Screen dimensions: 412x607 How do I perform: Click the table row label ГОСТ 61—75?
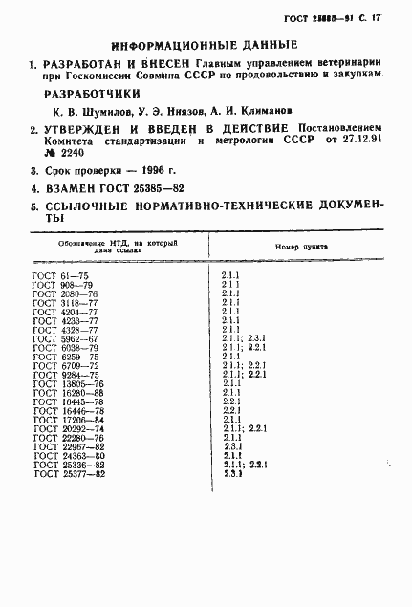(60, 275)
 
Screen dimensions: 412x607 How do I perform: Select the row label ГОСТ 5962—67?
(65, 337)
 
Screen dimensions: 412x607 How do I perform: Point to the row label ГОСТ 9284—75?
(65, 374)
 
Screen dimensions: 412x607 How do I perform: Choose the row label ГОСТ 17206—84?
(68, 419)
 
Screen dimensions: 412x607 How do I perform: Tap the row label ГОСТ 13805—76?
(68, 383)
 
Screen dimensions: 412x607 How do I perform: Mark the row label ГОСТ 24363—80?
(68, 455)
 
